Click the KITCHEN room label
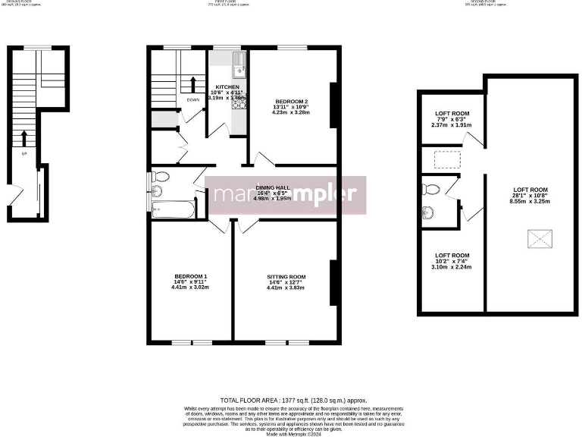227,87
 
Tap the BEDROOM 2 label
291,102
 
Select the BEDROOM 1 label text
190,276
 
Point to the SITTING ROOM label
286,277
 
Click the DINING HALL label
272,187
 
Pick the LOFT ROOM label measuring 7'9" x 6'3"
452,114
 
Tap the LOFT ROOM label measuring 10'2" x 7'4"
452,256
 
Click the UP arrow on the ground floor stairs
24,140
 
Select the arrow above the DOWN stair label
194,83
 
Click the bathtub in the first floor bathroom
174,209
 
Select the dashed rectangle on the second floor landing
447,159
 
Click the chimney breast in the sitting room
332,282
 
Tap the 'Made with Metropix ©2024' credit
291,434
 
